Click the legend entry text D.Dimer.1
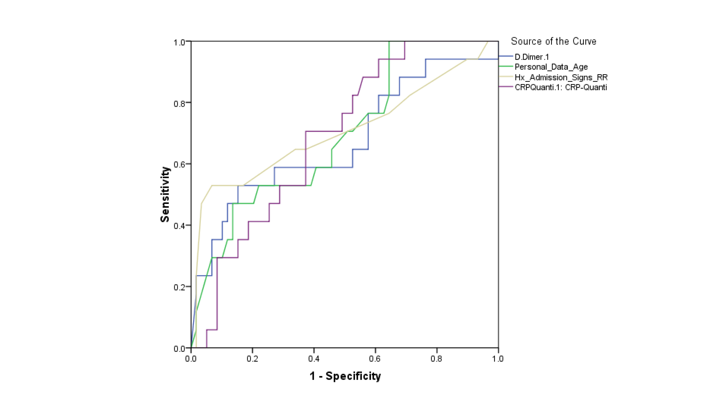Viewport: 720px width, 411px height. (532, 57)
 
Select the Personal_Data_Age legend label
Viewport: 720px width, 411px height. (551, 67)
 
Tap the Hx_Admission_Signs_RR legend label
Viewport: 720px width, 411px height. (561, 77)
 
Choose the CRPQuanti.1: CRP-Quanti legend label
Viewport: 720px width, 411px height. (561, 87)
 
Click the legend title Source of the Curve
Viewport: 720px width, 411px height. (553, 41)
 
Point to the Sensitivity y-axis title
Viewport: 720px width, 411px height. (165, 195)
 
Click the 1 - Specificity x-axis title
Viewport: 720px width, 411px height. (345, 376)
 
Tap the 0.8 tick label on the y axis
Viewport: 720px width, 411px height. (179, 104)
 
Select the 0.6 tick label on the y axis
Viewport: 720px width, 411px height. (179, 165)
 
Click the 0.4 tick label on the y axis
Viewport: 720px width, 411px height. (179, 226)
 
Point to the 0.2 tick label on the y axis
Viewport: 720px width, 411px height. (179, 287)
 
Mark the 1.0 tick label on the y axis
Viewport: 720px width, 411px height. (179, 43)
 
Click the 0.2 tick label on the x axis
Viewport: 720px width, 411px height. (252, 359)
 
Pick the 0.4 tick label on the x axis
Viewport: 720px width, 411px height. (314, 359)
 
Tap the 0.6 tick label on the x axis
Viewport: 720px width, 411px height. (375, 359)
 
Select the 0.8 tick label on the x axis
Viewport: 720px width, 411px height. (436, 359)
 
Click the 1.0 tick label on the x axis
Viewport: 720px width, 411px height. (498, 359)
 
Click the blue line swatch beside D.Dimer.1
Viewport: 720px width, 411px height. (506, 56)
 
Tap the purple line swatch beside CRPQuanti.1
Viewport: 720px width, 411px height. (506, 86)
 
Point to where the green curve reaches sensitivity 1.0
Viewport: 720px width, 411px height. (389, 42)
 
